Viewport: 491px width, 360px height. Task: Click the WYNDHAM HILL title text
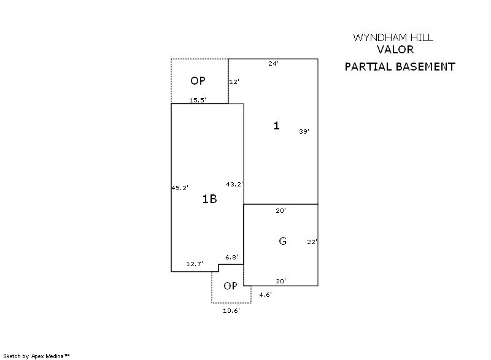point(393,37)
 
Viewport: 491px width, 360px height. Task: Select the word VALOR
point(395,50)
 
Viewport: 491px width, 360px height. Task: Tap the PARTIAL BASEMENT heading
point(400,67)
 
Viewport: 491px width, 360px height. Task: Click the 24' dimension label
point(273,64)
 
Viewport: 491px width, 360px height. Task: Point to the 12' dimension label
point(234,82)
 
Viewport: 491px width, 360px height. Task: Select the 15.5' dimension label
point(198,100)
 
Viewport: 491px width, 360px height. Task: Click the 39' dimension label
point(304,131)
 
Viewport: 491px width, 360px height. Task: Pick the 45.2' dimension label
point(180,188)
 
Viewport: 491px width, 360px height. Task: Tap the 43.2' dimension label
point(234,184)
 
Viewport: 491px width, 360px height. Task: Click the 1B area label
point(209,199)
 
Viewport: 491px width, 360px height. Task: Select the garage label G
point(282,241)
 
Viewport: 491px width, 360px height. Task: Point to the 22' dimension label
point(312,242)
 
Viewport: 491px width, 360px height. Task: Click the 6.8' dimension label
point(232,257)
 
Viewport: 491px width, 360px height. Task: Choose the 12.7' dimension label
point(195,264)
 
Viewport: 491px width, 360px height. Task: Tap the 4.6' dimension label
point(266,294)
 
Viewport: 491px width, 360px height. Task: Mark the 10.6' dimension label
point(231,310)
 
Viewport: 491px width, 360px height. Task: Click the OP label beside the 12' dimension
point(198,81)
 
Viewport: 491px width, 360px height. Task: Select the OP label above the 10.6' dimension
point(231,286)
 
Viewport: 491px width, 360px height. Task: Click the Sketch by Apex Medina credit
point(36,356)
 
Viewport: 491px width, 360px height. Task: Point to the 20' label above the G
point(281,210)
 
